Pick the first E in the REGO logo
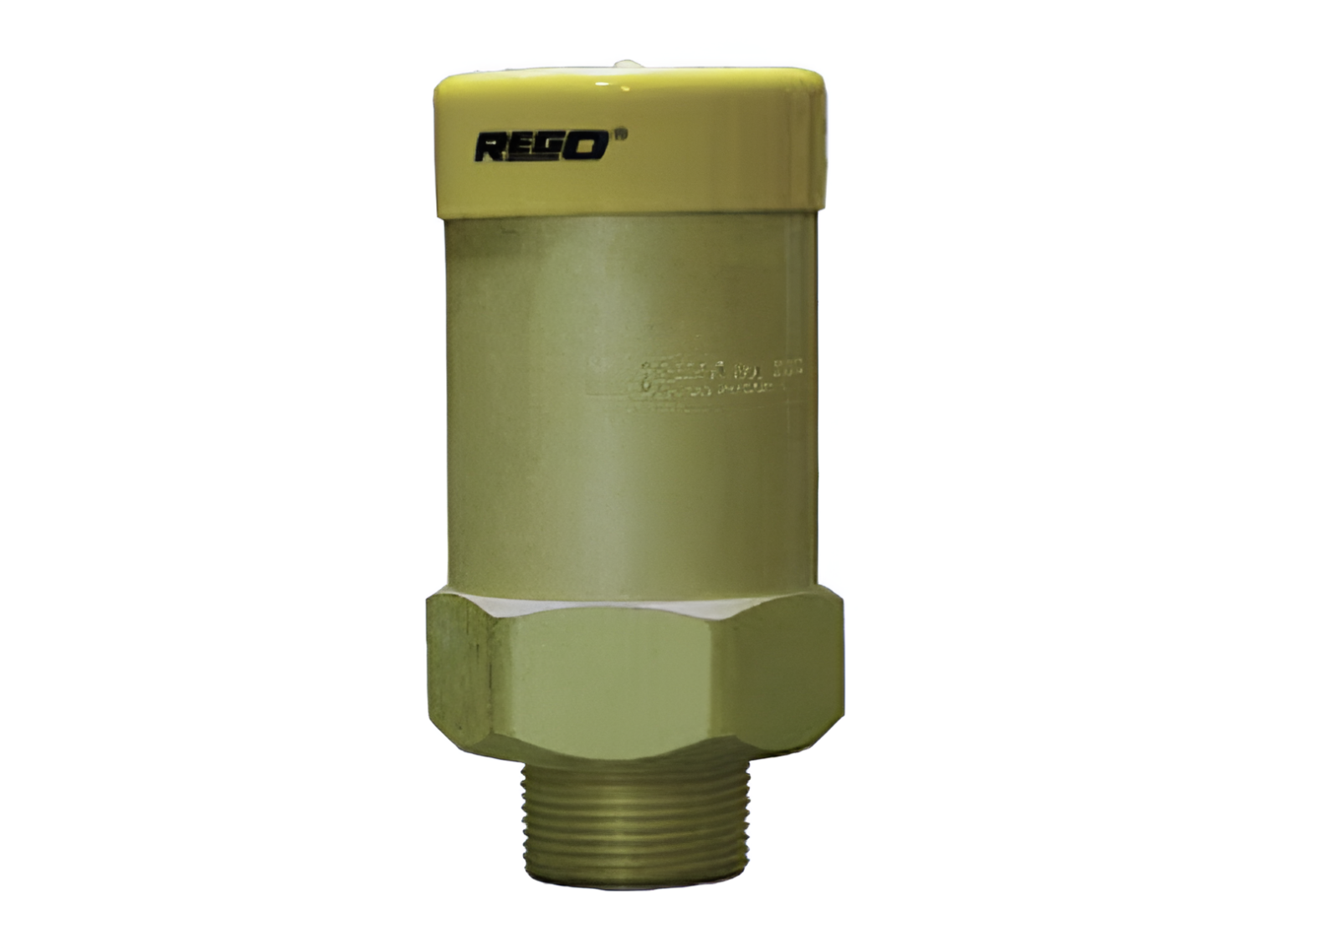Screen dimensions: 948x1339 (522, 147)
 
